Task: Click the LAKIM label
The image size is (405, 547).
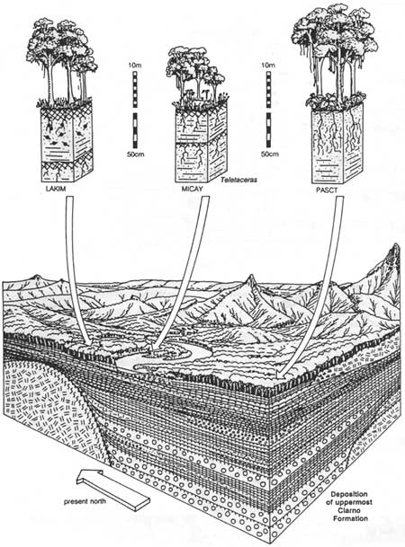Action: [x=56, y=190]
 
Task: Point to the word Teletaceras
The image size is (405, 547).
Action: [x=239, y=180]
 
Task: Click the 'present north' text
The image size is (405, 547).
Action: [x=85, y=502]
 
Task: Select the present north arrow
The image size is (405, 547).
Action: [x=113, y=487]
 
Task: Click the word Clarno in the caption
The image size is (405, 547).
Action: [x=350, y=510]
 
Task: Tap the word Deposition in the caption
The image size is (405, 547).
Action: [x=349, y=494]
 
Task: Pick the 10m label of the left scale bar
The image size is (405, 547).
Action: [x=135, y=66]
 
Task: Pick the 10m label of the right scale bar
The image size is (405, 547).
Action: [x=268, y=66]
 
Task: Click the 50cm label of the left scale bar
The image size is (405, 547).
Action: [x=136, y=154]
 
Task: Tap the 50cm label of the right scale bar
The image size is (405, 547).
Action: [x=270, y=154]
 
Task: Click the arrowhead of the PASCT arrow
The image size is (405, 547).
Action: [x=281, y=374]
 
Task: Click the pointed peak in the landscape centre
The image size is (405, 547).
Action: [x=251, y=281]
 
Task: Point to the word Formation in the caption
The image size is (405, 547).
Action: [x=350, y=519]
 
